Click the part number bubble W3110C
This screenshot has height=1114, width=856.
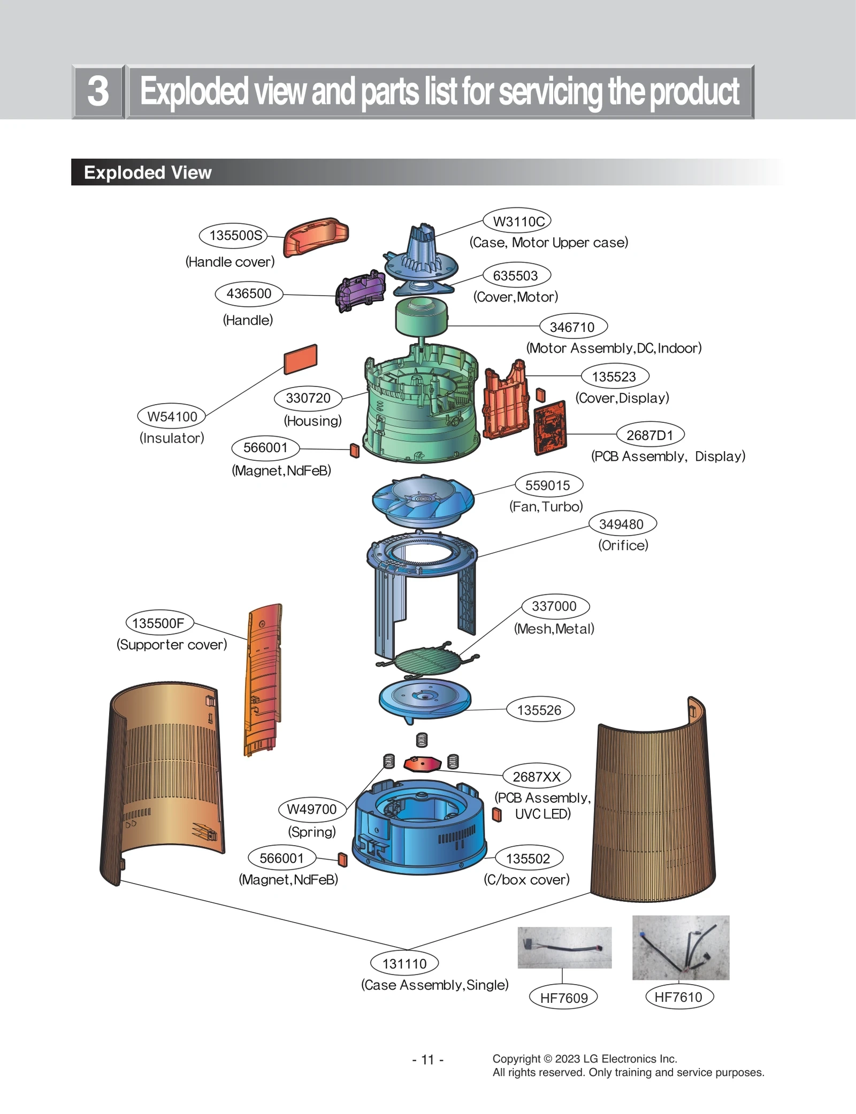tap(517, 221)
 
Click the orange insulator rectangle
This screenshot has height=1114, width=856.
tap(301, 359)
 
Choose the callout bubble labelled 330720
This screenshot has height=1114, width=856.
tap(308, 398)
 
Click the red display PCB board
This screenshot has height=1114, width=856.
tap(550, 427)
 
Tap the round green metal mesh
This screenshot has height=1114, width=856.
tap(426, 662)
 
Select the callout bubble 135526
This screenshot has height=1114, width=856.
tap(540, 710)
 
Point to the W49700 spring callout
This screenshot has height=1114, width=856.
tap(312, 809)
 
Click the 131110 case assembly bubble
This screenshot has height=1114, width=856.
tap(404, 963)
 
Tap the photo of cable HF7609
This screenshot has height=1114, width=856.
tap(564, 947)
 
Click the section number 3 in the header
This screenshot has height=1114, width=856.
tap(98, 91)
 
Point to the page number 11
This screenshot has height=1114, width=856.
tap(427, 1059)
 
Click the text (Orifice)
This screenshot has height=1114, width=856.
tap(623, 545)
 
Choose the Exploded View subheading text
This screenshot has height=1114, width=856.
tap(148, 173)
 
